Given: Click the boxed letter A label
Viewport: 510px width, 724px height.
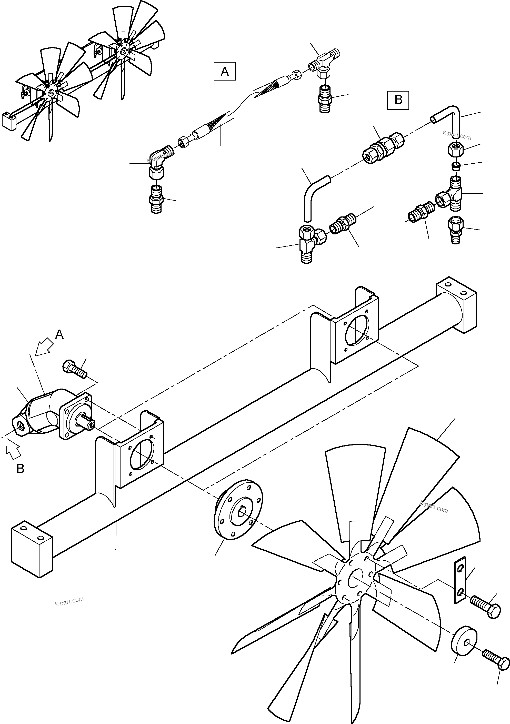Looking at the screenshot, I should click(224, 72).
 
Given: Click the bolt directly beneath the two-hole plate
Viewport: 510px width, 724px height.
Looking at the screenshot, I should click(485, 606).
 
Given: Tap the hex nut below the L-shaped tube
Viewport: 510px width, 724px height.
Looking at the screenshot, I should click(455, 149).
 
